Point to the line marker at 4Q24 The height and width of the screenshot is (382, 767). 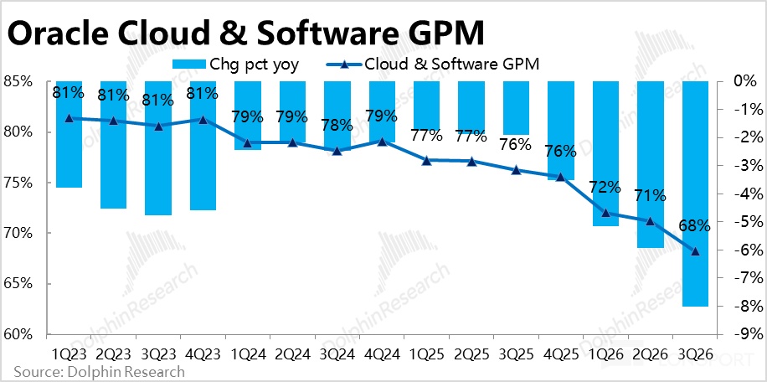click(x=382, y=142)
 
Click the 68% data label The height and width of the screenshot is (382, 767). click(x=695, y=225)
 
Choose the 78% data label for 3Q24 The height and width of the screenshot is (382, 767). click(x=337, y=126)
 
